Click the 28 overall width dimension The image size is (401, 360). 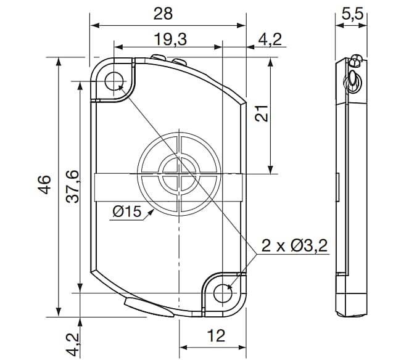pyautogui.click(x=163, y=13)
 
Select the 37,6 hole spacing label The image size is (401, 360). pyautogui.click(x=72, y=186)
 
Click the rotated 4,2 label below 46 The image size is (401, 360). pyautogui.click(x=73, y=345)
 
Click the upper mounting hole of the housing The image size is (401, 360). pyautogui.click(x=114, y=81)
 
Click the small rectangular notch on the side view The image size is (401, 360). pyautogui.click(x=337, y=186)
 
